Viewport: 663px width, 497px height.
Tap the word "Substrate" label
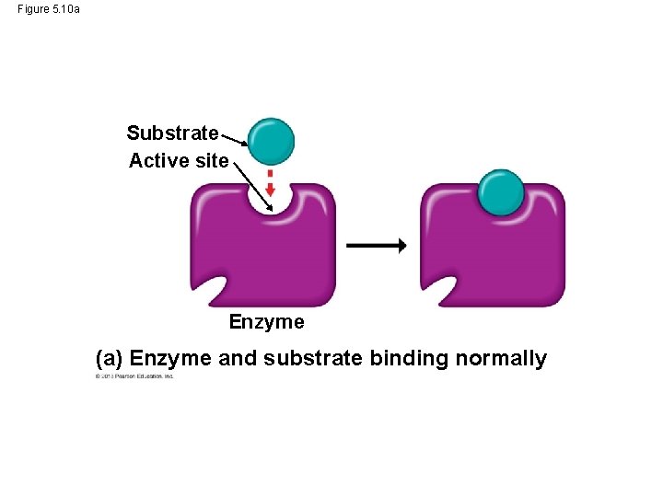pyautogui.click(x=173, y=133)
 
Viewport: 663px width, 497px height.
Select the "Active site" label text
pyautogui.click(x=179, y=161)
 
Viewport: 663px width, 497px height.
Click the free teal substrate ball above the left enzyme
pyautogui.click(x=272, y=141)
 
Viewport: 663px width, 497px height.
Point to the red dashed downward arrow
pyautogui.click(x=271, y=183)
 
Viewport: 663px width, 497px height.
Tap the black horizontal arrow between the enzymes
pyautogui.click(x=376, y=245)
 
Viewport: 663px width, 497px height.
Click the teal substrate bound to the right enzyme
pyautogui.click(x=501, y=193)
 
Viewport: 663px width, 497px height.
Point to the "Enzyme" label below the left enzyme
pyautogui.click(x=266, y=322)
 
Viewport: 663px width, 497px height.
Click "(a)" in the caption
pyautogui.click(x=110, y=359)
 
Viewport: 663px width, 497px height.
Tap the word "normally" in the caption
pyautogui.click(x=501, y=359)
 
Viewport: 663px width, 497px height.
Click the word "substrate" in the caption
pyautogui.click(x=313, y=359)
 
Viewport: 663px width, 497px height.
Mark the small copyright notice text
pyautogui.click(x=134, y=376)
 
